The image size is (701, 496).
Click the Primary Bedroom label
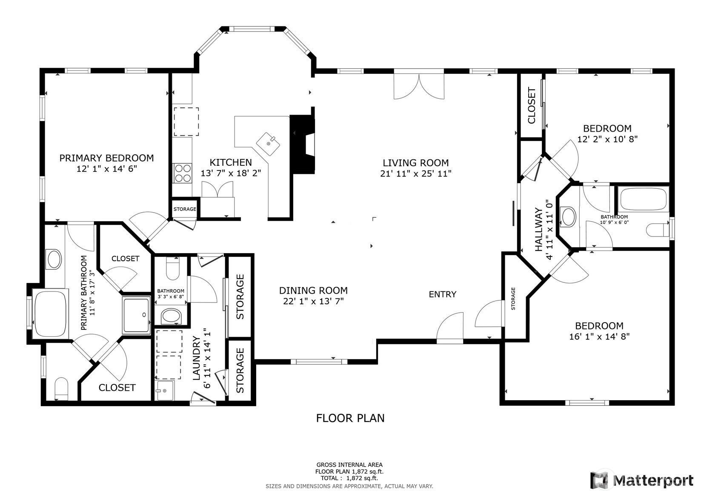(x=107, y=158)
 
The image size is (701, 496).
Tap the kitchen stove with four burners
(x=183, y=173)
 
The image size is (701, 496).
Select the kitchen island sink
(x=268, y=144)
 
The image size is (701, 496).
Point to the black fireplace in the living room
(x=302, y=144)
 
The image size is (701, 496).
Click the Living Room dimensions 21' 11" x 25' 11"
(x=416, y=173)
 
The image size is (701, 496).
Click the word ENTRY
(x=443, y=294)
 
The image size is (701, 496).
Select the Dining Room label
(x=313, y=291)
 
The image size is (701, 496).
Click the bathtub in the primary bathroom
(x=50, y=314)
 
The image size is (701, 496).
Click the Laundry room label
(x=196, y=358)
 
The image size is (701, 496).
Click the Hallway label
(x=538, y=229)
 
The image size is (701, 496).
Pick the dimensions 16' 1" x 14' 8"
(x=599, y=337)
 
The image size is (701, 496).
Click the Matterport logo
(x=641, y=480)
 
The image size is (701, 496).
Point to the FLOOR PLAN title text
(x=350, y=418)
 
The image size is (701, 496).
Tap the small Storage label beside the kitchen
(x=185, y=209)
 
